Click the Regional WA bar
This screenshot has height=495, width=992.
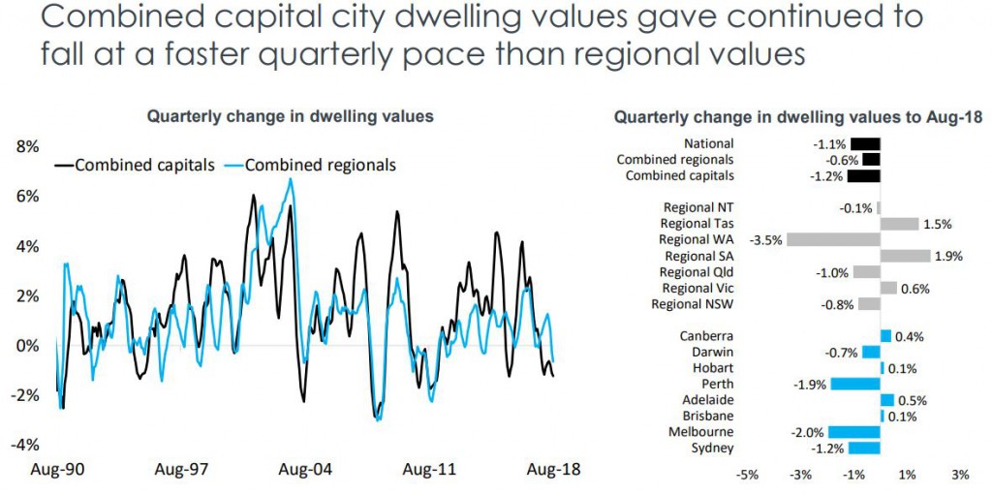[x=833, y=239]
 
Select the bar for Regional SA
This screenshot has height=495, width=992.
[x=905, y=256]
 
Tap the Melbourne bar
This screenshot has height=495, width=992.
[x=854, y=432]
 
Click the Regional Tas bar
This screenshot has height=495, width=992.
[x=899, y=224]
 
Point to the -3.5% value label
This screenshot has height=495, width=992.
[x=766, y=239]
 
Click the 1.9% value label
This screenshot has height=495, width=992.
[x=947, y=256]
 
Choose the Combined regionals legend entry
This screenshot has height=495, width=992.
[x=310, y=165]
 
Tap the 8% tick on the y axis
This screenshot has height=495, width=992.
[x=26, y=147]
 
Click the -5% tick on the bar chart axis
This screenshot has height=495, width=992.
[x=747, y=476]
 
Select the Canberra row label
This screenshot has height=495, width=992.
[x=706, y=336]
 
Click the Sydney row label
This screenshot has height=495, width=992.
[x=712, y=448]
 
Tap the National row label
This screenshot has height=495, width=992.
[x=708, y=143]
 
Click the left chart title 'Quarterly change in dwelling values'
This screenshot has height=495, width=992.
[x=289, y=116]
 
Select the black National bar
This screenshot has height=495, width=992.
[x=865, y=143]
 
